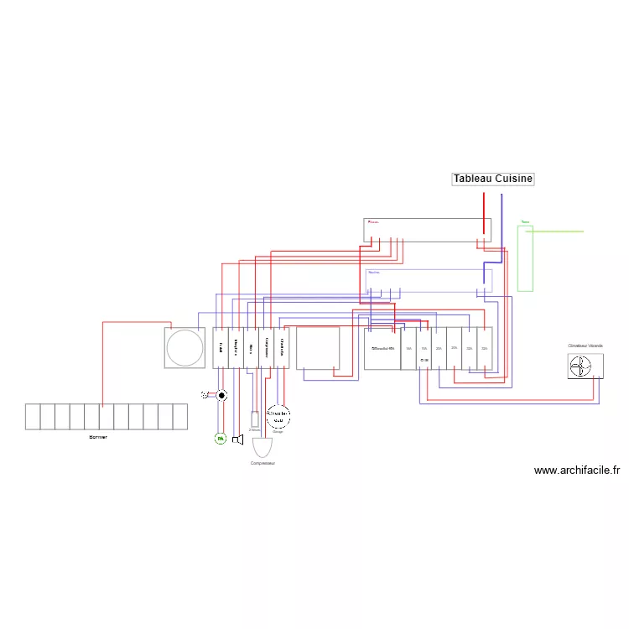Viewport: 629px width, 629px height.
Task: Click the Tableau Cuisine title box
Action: (x=493, y=179)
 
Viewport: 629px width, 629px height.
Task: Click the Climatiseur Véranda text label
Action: (x=585, y=346)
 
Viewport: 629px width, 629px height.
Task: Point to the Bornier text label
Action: (x=98, y=437)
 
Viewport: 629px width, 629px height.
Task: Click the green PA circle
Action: (x=221, y=439)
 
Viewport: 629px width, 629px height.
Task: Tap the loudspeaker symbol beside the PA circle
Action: (x=237, y=439)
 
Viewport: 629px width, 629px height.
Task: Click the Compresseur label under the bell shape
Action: (x=263, y=463)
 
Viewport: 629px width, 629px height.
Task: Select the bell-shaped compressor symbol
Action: (x=263, y=447)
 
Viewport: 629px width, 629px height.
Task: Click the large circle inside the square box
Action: (x=185, y=347)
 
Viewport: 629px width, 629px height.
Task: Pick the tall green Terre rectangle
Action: (x=525, y=258)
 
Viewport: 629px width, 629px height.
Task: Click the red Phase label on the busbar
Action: (x=373, y=222)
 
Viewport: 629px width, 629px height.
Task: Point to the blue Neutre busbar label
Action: (x=374, y=272)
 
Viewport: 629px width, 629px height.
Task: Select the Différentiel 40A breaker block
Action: (x=382, y=348)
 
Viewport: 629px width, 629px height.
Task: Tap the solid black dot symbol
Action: (x=222, y=394)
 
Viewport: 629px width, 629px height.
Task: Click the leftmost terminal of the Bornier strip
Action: (x=33, y=417)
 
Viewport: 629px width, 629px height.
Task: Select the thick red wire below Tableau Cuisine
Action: (x=483, y=214)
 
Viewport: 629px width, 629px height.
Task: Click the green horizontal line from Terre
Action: (x=558, y=231)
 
